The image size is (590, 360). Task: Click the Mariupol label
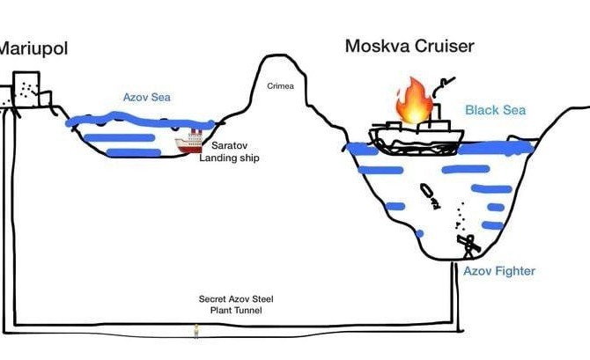tap(33, 49)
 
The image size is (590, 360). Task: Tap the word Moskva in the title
tap(377, 46)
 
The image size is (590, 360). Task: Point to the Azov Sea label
tap(147, 98)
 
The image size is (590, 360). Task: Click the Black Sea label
tap(495, 110)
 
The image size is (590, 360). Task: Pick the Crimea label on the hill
tap(280, 86)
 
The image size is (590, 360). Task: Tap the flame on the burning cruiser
tap(414, 100)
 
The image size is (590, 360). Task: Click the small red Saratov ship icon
tap(189, 142)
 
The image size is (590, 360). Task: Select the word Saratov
tap(229, 145)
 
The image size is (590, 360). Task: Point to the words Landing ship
tap(229, 158)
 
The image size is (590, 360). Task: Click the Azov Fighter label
tap(499, 271)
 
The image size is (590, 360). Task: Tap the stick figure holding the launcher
tap(468, 246)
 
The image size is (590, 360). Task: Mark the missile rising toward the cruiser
tap(430, 196)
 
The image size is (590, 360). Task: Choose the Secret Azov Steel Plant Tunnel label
tap(236, 305)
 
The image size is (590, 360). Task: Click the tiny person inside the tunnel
tap(196, 332)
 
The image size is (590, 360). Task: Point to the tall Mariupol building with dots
tap(26, 89)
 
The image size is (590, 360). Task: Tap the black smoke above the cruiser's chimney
tap(443, 86)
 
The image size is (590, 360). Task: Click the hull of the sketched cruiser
tap(417, 142)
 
